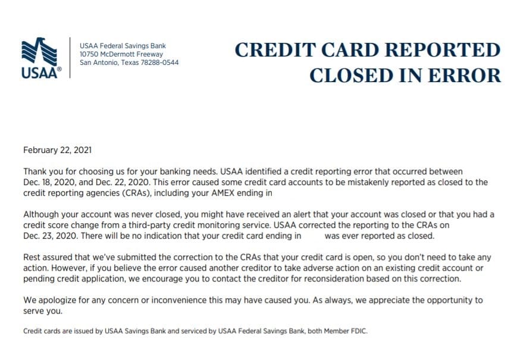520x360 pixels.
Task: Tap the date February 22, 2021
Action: coord(57,151)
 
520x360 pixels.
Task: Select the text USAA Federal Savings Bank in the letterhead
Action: coord(123,46)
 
